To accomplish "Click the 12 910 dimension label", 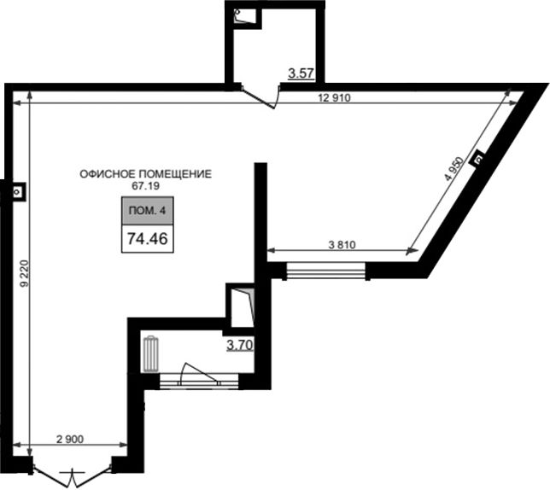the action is point(334,98).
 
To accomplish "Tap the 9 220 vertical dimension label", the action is point(24,274).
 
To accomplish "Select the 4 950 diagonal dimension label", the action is point(454,168).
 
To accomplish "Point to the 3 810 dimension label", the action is point(342,245).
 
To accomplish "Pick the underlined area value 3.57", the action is point(301,73).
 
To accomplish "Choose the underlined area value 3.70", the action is point(240,345).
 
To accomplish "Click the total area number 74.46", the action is point(147,239).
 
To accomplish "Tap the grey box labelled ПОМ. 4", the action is point(147,211).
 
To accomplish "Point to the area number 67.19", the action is point(145,186).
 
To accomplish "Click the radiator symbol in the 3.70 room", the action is point(151,354).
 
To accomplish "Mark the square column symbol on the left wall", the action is point(17,191).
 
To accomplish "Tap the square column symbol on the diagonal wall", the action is point(479,160).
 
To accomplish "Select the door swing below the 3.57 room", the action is point(260,96).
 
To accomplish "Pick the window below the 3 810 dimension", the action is point(326,271).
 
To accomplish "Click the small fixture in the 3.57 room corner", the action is point(243,16).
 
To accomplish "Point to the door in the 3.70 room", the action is point(198,375).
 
